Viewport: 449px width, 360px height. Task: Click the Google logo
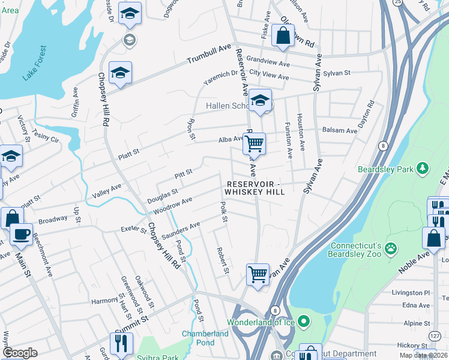[20, 352]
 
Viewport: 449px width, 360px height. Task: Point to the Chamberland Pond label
[205, 338]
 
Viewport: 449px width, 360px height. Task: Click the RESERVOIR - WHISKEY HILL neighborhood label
[255, 187]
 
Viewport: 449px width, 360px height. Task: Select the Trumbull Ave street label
[208, 55]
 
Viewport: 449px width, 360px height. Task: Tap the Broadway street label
[53, 220]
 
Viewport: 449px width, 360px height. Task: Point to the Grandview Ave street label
[268, 62]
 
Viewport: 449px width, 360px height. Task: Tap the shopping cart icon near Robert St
[258, 274]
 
